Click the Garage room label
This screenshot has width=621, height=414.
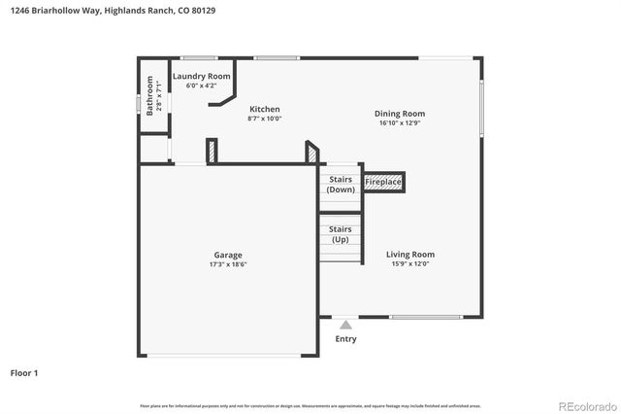[x=228, y=256]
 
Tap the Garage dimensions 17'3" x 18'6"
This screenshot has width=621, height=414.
[x=228, y=265]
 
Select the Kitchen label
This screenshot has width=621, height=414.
[x=265, y=109]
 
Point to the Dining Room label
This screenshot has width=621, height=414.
[x=400, y=114]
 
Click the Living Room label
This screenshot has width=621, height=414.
[x=410, y=255]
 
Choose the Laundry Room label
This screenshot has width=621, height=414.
[x=201, y=76]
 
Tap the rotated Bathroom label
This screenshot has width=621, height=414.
[x=150, y=95]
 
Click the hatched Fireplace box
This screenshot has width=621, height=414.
[x=383, y=182]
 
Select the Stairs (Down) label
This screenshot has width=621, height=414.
[x=341, y=185]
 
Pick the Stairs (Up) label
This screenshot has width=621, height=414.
[x=341, y=233]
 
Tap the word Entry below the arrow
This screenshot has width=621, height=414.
[x=345, y=339]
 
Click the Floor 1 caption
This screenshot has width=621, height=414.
[x=25, y=372]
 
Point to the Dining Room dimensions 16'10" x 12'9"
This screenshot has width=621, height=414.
[x=400, y=123]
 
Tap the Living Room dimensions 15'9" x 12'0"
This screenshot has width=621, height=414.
[x=410, y=264]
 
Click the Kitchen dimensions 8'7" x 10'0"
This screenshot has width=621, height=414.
[x=265, y=119]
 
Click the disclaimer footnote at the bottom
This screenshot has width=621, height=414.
[x=310, y=405]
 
